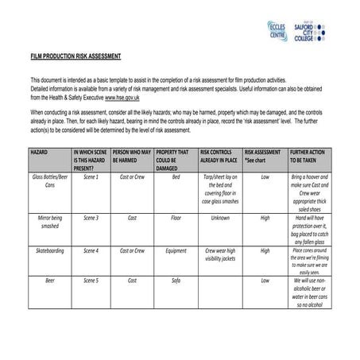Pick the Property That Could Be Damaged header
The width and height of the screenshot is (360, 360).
pyautogui.click(x=172, y=158)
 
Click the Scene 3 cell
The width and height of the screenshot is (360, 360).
pyautogui.click(x=91, y=217)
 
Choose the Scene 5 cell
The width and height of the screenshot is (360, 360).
pyautogui.click(x=91, y=281)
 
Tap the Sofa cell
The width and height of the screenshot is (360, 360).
pyautogui.click(x=176, y=281)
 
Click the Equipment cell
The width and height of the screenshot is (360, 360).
pyautogui.click(x=176, y=250)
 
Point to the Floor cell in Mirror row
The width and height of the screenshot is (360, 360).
pyautogui.click(x=176, y=217)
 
